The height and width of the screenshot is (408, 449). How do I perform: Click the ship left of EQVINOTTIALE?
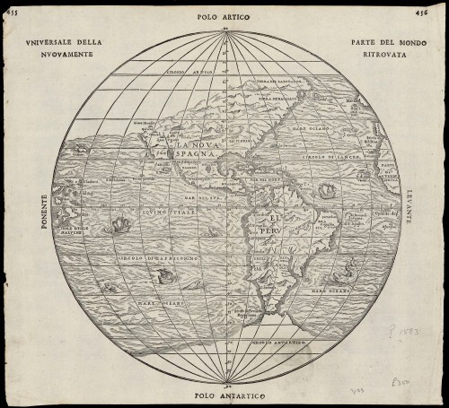pyautogui.click(x=117, y=225)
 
